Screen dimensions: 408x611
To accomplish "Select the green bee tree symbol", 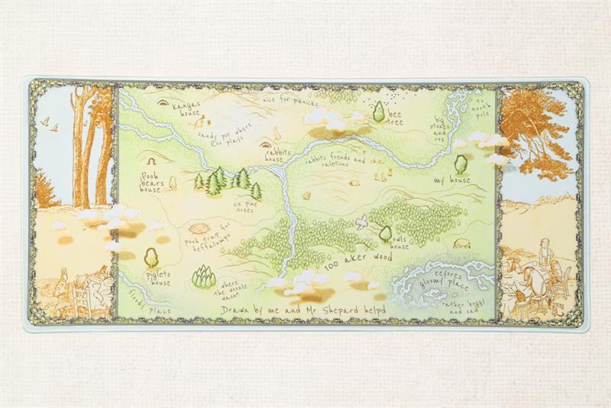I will pyautogui.click(x=378, y=112).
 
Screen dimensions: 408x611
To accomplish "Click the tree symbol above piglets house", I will pyautogui.click(x=150, y=256).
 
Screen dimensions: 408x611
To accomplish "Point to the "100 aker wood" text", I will pyautogui.click(x=358, y=261).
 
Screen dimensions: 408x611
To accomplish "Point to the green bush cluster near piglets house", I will pyautogui.click(x=204, y=277).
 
